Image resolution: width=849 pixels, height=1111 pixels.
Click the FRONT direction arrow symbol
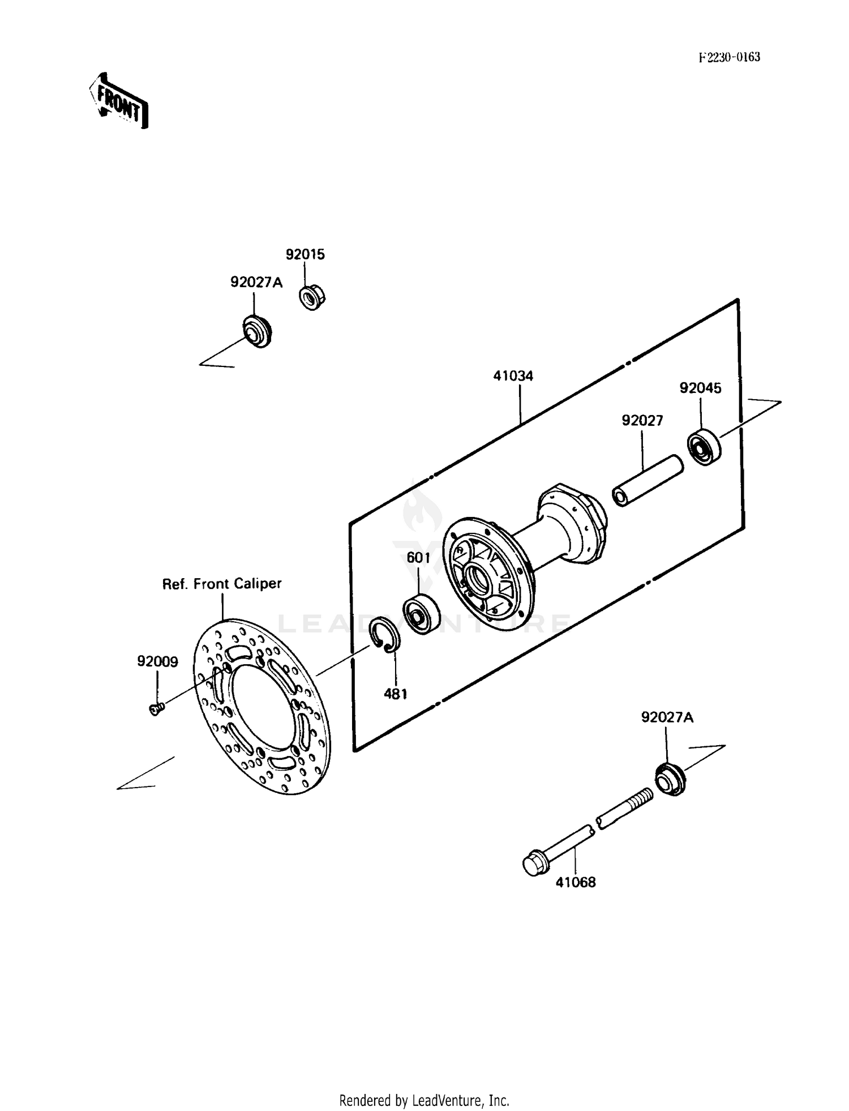point(119,101)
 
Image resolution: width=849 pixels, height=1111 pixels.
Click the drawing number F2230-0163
point(729,57)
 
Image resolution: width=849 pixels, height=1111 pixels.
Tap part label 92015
point(305,255)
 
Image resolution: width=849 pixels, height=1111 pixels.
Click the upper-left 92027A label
point(256,282)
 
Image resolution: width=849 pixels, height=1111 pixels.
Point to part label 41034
point(513,376)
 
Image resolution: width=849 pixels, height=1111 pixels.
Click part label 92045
point(700,388)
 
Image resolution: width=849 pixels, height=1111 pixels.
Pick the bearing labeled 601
point(422,614)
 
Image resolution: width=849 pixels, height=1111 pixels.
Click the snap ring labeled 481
point(385,634)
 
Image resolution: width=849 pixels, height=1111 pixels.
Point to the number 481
point(395,694)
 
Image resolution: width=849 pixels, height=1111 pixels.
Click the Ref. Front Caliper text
point(222,584)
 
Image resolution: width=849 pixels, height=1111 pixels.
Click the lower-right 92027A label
point(667,718)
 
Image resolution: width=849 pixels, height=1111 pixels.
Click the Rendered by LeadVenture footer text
point(424,1100)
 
